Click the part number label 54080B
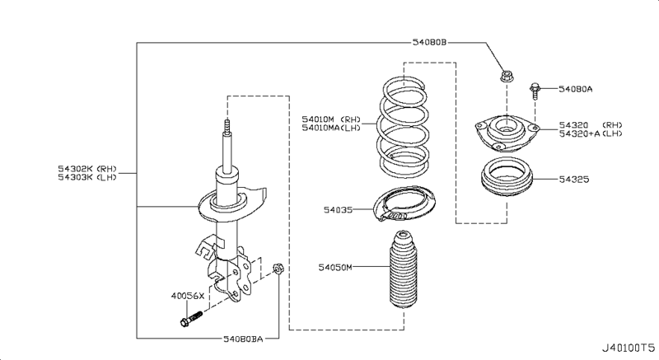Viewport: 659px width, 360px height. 428,42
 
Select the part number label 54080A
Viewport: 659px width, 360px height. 575,89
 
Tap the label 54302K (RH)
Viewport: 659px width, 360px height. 87,169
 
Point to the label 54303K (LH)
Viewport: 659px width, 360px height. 87,177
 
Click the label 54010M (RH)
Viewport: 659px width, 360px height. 331,119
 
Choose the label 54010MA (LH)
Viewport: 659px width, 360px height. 331,128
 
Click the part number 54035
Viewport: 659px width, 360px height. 338,209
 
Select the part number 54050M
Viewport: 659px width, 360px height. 335,267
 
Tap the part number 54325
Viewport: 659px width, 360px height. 574,180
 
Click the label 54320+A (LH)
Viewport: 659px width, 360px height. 591,133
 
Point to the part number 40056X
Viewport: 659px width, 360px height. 188,296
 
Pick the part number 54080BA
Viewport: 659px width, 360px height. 243,339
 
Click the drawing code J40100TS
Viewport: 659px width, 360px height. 628,348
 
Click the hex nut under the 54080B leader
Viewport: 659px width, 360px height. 506,77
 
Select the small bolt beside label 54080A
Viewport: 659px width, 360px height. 535,91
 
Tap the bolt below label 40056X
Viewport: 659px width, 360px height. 191,319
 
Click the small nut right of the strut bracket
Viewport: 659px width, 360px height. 278,268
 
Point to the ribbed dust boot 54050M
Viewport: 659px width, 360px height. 403,269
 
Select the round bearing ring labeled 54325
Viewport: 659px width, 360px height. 507,180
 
